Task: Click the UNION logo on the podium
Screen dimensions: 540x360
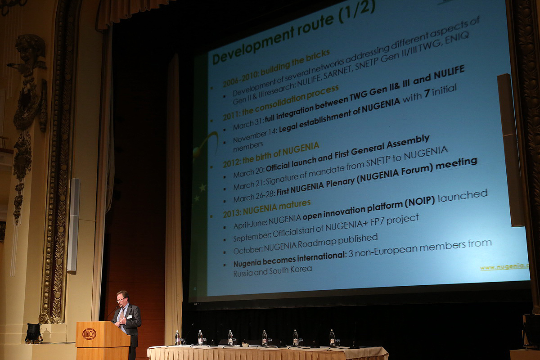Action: (89, 334)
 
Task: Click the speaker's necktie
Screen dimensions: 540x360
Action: (122, 315)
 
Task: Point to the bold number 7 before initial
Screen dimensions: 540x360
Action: (427, 93)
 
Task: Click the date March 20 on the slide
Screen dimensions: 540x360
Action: (249, 172)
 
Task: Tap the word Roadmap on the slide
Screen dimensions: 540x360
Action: (317, 244)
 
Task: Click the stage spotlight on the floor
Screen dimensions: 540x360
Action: (33, 333)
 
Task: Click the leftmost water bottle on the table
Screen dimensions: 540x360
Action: (177, 338)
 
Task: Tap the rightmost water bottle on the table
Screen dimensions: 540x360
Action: (332, 338)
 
